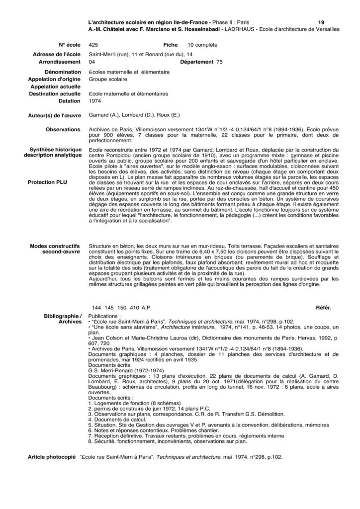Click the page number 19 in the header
click(321, 22)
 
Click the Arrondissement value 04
click(91, 62)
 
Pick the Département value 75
click(220, 62)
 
